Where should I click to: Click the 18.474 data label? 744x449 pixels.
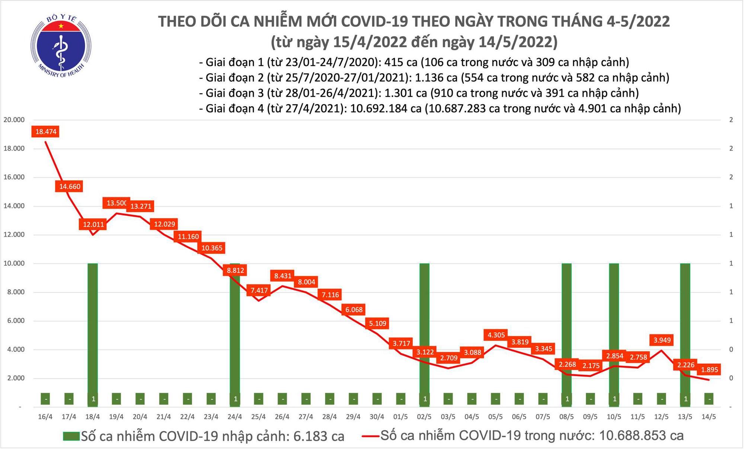tap(46, 132)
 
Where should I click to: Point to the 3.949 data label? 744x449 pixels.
tap(662, 340)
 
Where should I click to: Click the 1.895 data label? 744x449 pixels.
tap(710, 370)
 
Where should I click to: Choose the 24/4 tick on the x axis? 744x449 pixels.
tap(235, 417)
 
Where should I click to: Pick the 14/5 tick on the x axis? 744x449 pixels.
tap(709, 417)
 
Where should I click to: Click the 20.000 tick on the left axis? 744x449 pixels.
tap(14, 120)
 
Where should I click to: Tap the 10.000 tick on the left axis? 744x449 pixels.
tap(14, 264)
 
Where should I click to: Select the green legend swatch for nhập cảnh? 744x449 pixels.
tap(71, 436)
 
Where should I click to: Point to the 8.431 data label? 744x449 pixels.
tap(283, 276)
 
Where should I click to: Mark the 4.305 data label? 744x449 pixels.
tap(496, 335)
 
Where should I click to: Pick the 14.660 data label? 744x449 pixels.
tap(70, 186)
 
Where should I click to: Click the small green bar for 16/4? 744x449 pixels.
tap(45, 399)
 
